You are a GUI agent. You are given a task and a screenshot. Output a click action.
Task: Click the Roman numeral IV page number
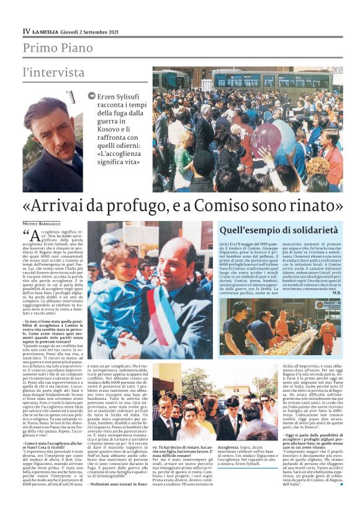click(26, 30)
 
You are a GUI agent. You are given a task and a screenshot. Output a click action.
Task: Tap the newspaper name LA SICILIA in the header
click(52, 31)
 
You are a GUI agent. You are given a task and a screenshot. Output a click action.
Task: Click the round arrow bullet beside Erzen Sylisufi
click(92, 96)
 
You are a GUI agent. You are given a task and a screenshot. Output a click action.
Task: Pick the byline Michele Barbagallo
click(42, 223)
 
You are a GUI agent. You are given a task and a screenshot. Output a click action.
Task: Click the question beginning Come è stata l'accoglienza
click(53, 445)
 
